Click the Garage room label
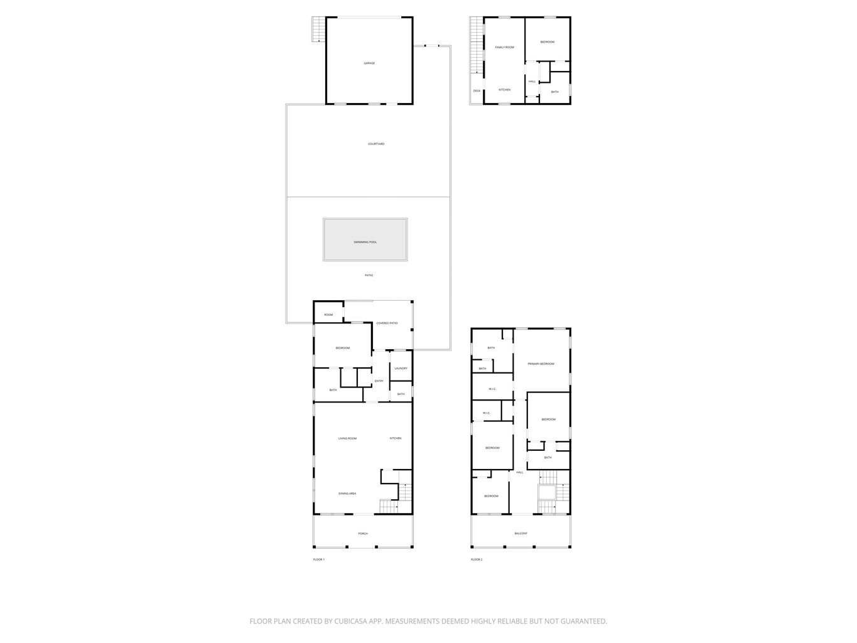(369, 63)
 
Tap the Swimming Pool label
(365, 242)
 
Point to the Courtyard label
(376, 144)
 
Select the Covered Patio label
(387, 323)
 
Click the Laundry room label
(401, 368)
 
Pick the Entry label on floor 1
(379, 381)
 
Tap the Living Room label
(347, 438)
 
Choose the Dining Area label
(347, 494)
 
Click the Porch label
(363, 534)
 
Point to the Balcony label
(521, 533)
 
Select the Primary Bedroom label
(541, 364)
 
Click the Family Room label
(504, 47)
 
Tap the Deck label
(477, 91)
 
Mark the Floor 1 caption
(318, 559)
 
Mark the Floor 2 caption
(477, 559)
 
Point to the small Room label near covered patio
(328, 315)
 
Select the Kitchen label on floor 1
(396, 438)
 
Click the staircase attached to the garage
(318, 30)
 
